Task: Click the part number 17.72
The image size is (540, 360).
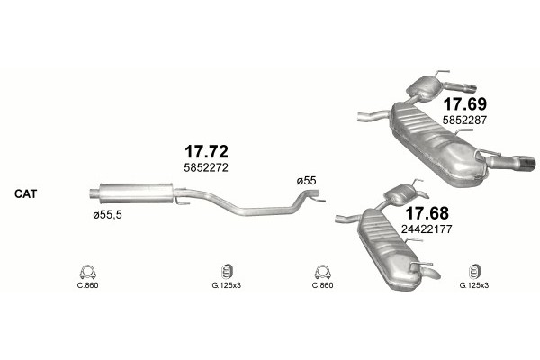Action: point(206,151)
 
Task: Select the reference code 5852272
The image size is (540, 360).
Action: point(206,167)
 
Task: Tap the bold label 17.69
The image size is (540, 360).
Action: point(465,103)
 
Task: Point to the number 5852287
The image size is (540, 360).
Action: point(464,121)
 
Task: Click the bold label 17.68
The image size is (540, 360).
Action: point(427,213)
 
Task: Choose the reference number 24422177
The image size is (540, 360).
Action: point(427,229)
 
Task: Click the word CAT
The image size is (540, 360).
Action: point(25,194)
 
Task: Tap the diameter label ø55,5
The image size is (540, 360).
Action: point(107,215)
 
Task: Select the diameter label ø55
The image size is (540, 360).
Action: point(307,181)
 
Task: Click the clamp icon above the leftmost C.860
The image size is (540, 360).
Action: point(88,272)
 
